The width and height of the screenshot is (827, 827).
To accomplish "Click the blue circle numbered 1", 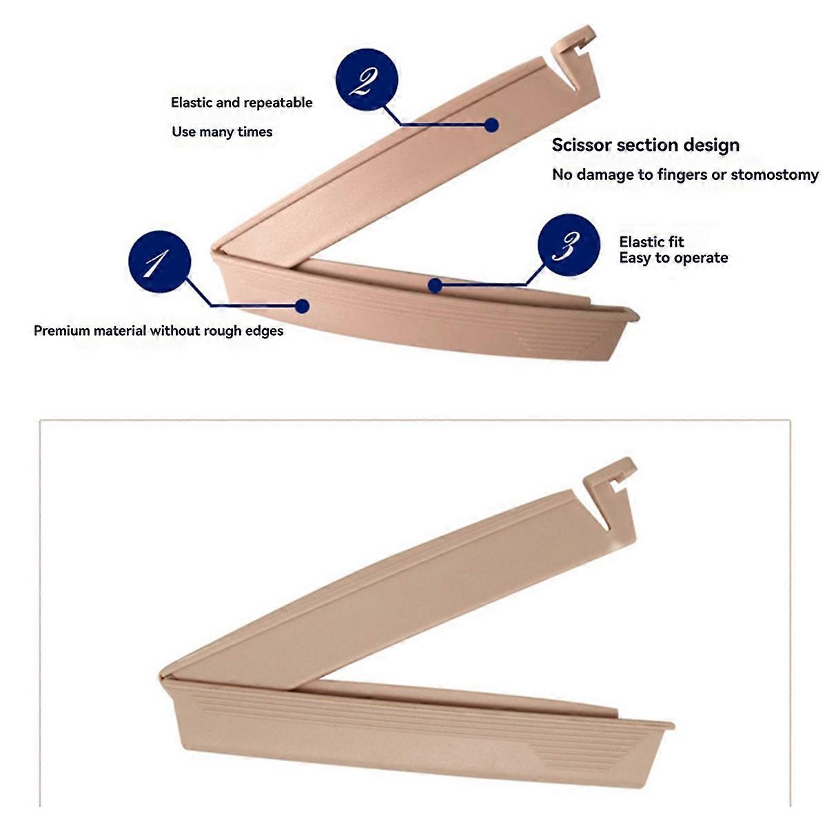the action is (160, 261).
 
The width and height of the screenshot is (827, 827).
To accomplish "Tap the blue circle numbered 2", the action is (367, 80).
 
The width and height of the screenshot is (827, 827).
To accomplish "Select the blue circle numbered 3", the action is (569, 245).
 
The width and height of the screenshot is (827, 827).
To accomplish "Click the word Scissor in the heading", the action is (581, 145).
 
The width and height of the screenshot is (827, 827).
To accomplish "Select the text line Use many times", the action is (222, 132).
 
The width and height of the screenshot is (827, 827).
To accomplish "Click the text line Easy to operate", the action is (673, 258).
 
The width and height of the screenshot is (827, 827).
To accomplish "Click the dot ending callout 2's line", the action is (491, 125).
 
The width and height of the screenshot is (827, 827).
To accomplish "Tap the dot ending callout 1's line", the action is (302, 306).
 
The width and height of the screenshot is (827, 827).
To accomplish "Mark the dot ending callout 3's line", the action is (435, 285).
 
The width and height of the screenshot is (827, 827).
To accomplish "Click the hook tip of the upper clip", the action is (589, 29).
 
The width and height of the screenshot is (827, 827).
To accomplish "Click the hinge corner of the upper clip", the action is (213, 250).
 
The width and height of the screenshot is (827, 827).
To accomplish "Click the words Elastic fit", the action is (651, 242).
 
